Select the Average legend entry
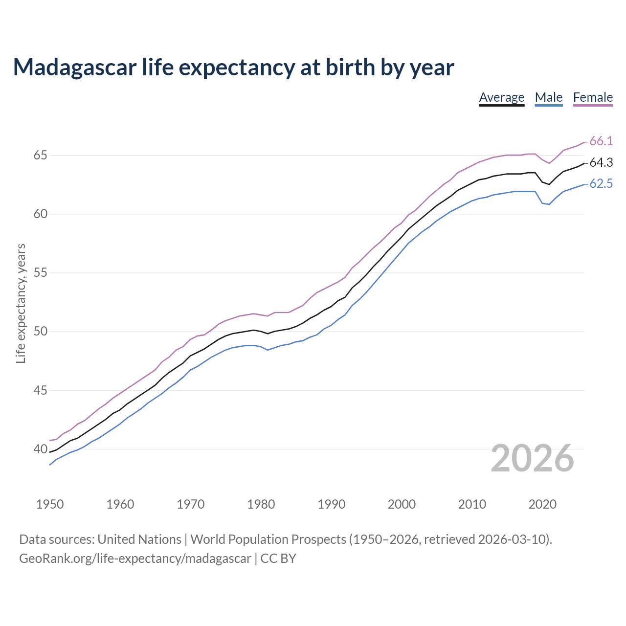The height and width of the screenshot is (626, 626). pos(501,97)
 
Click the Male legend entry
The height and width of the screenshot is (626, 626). pos(549,97)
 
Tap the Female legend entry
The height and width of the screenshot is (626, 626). pos(593,97)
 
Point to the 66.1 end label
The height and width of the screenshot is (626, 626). pos(601,141)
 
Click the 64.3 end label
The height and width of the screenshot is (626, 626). pos(601,163)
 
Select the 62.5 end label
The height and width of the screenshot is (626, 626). pos(601,184)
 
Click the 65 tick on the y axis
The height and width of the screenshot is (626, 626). pos(41,156)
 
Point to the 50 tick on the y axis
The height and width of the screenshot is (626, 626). pos(41,332)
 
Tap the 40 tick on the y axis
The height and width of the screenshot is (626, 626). pos(41,449)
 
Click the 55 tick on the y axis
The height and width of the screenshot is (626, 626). pos(41,273)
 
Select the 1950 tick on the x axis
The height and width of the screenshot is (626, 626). pos(50,504)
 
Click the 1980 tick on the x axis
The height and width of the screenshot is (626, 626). pos(261,504)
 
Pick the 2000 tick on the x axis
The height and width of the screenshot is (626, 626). pos(402,504)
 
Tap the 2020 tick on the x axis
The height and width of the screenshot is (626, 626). pos(542,504)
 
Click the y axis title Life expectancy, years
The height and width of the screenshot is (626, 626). pos(21,303)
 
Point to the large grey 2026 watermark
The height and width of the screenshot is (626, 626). pos(532,458)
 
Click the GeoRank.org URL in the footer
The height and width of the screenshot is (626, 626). pos(135,558)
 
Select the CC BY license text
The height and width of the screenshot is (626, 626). pos(278,558)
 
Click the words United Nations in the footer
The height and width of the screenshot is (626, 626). pos(139,539)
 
